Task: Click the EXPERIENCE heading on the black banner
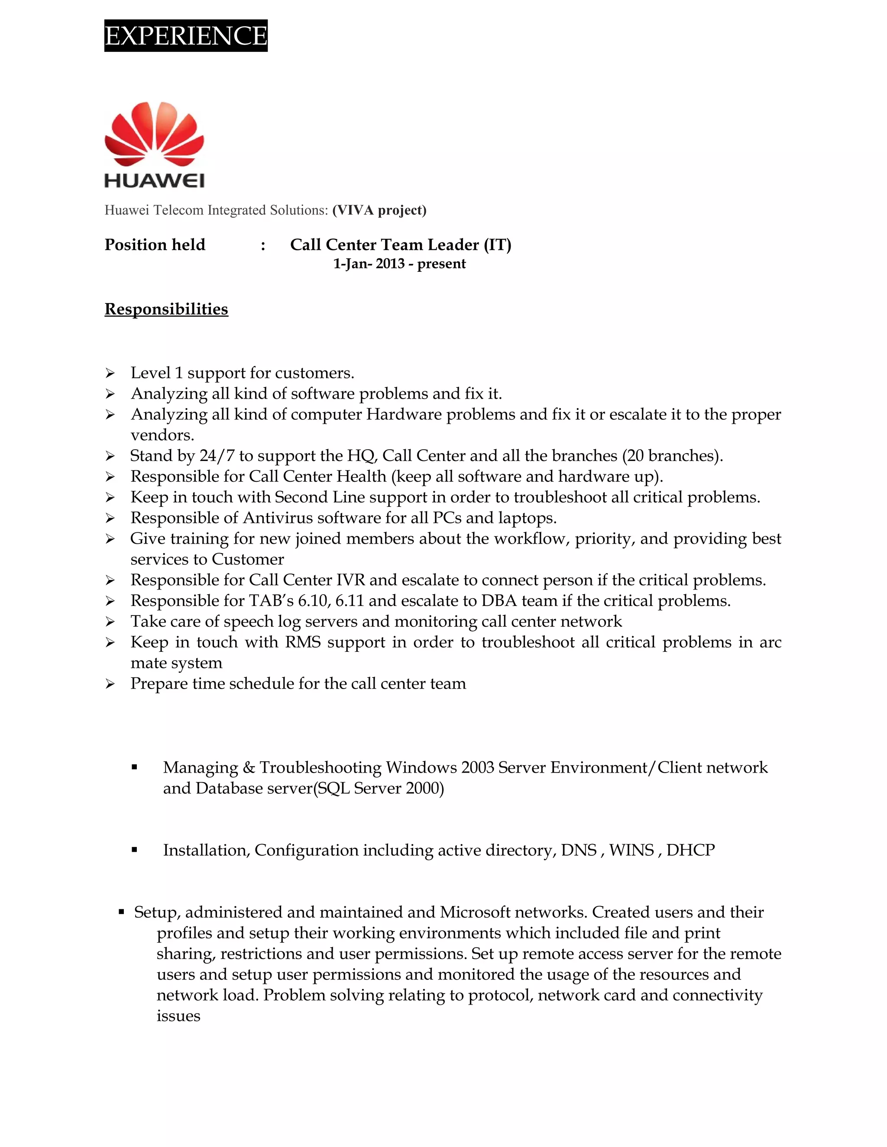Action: (185, 36)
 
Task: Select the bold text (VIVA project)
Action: (379, 210)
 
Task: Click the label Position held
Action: (155, 245)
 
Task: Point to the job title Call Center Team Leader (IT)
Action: (401, 245)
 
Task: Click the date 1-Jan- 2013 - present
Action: (399, 264)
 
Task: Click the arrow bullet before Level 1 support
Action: (110, 374)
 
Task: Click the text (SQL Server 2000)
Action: (379, 788)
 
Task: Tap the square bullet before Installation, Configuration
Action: (135, 849)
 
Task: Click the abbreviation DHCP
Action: (690, 850)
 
